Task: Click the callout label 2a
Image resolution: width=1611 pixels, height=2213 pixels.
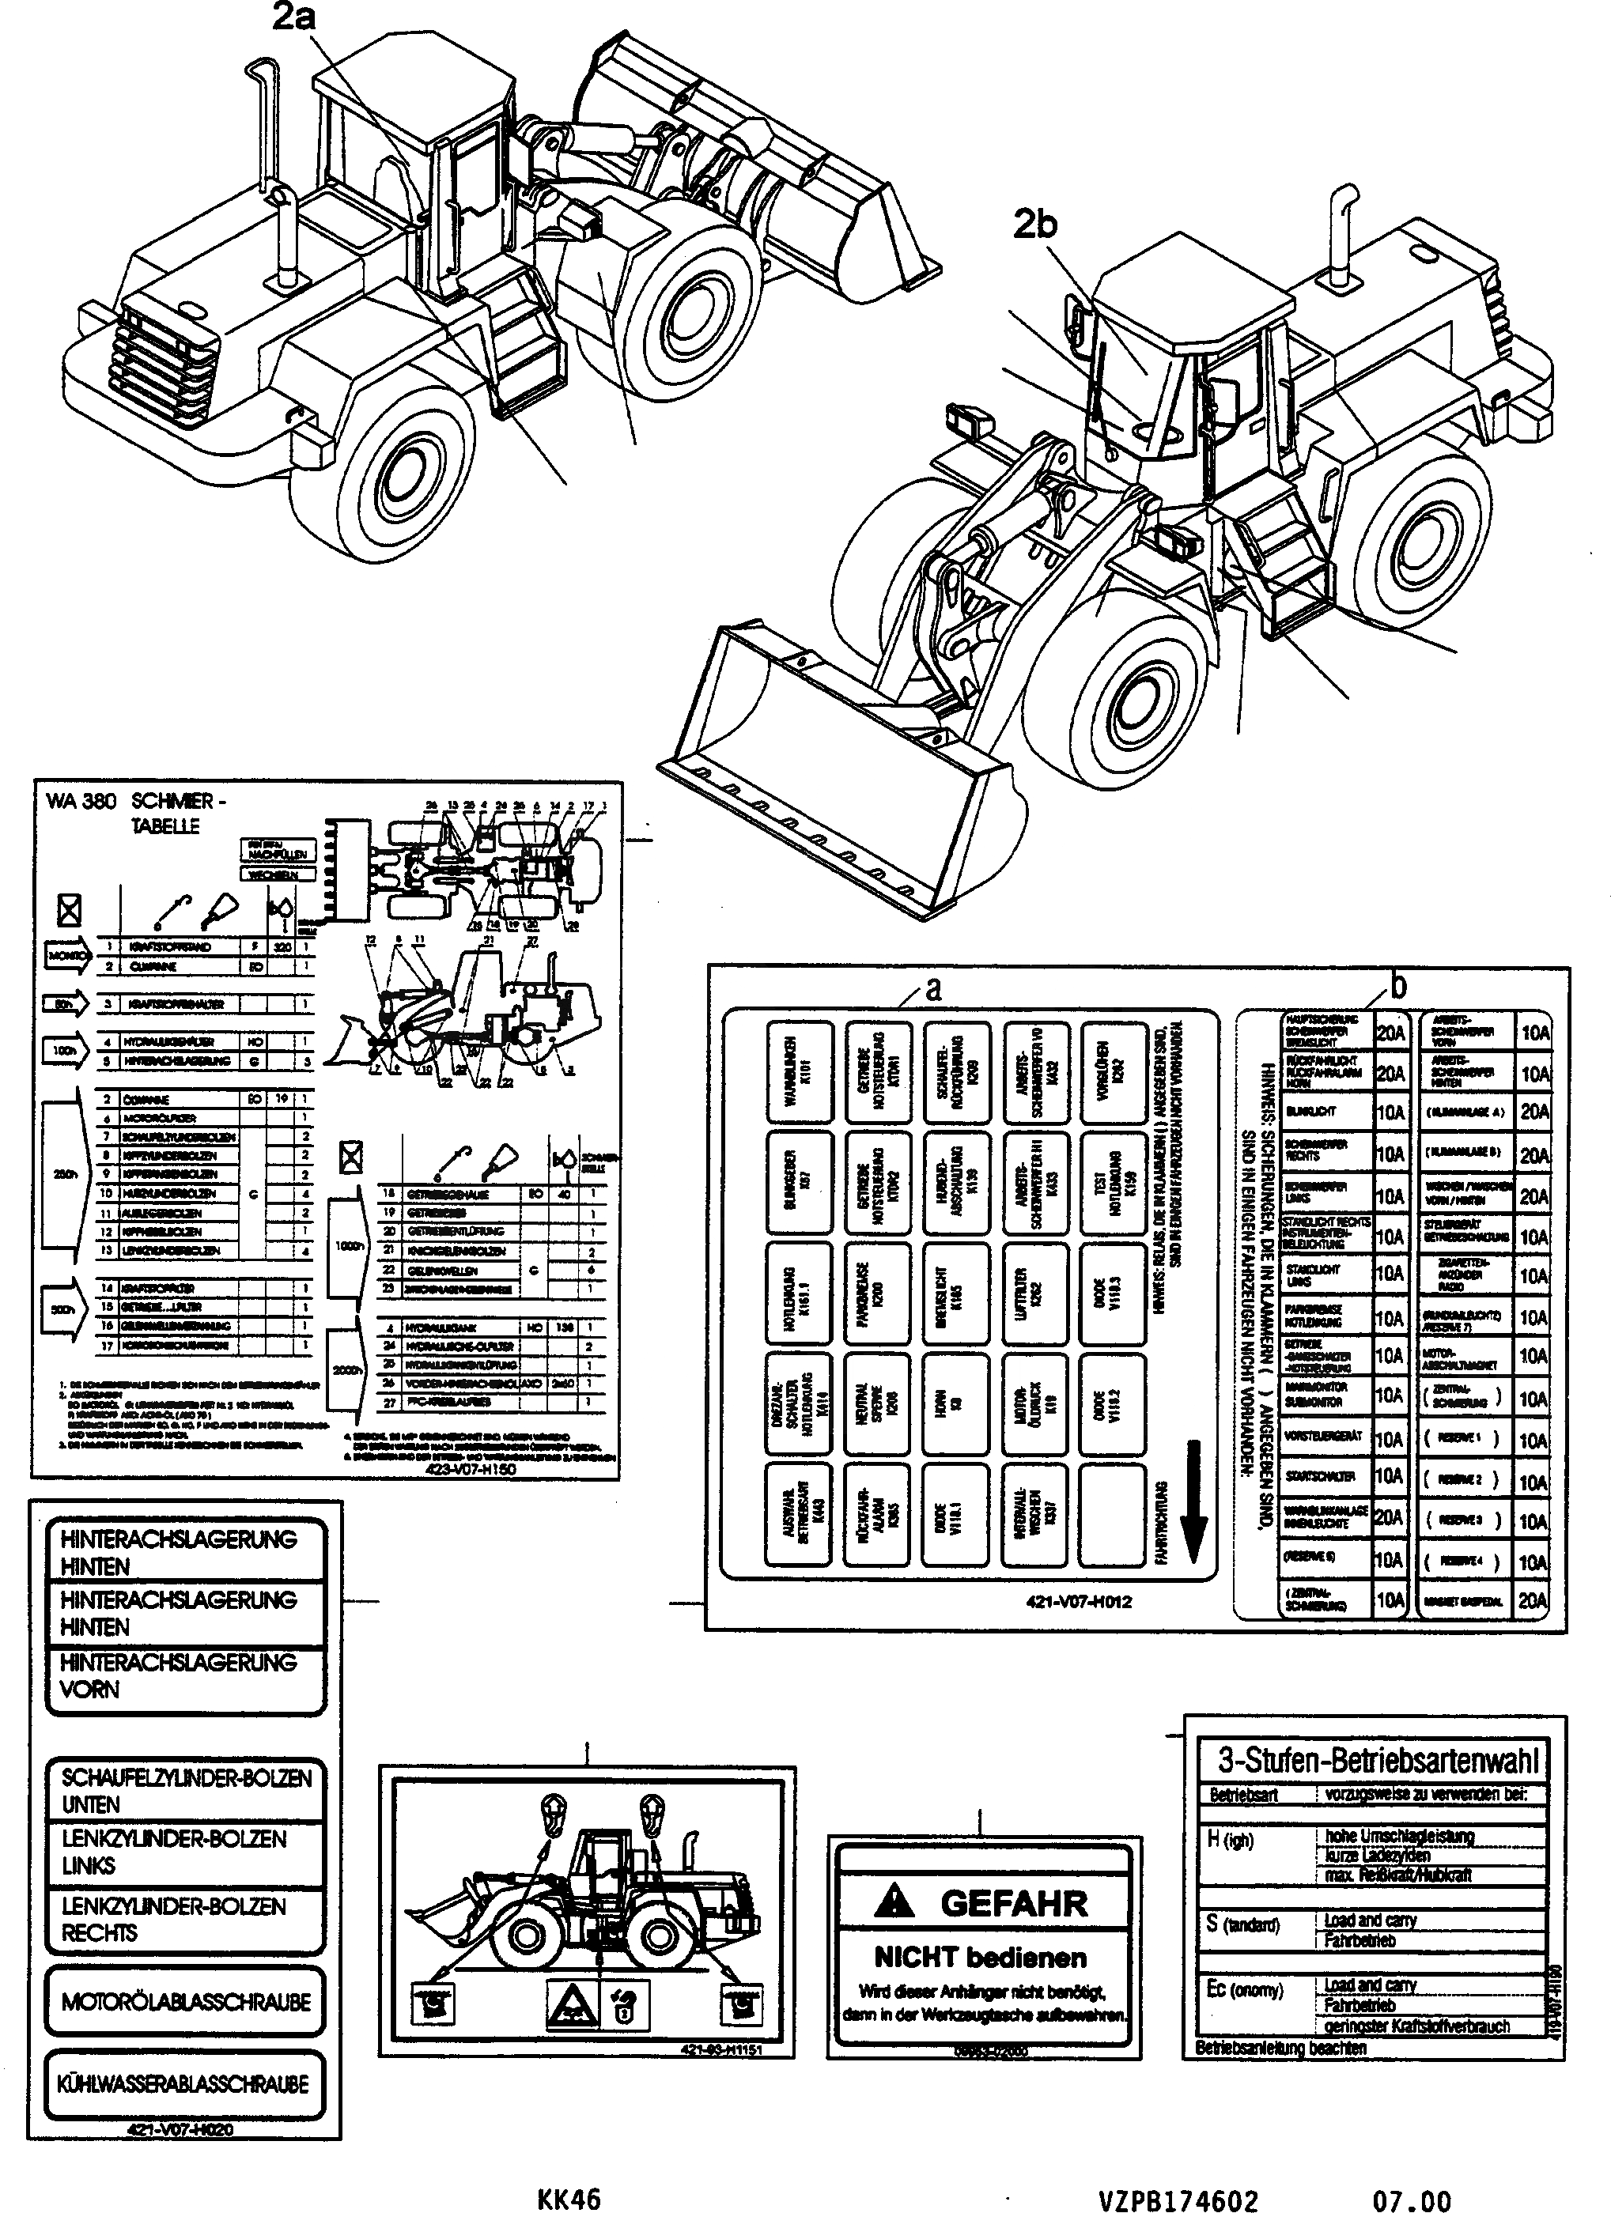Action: pos(293,17)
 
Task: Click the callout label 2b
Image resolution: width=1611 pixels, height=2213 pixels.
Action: pos(1034,225)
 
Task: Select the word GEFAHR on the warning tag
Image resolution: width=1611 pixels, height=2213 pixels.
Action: pos(1013,1904)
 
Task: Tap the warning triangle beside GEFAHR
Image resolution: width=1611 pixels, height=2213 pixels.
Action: pos(894,1901)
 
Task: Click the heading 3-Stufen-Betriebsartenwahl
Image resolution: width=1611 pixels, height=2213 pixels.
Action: pos(1378,1760)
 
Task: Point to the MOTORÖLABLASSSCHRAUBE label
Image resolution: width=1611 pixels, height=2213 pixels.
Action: pos(185,2002)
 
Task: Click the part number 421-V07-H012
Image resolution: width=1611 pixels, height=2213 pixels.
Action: pos(1078,1601)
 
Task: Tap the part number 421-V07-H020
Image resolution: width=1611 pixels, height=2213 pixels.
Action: pos(180,2131)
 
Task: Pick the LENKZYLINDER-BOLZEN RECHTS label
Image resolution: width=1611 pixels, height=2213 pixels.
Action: pos(174,1920)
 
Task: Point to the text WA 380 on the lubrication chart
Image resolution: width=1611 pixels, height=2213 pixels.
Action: pos(81,801)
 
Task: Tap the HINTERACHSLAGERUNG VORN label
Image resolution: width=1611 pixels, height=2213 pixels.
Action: pos(179,1675)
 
